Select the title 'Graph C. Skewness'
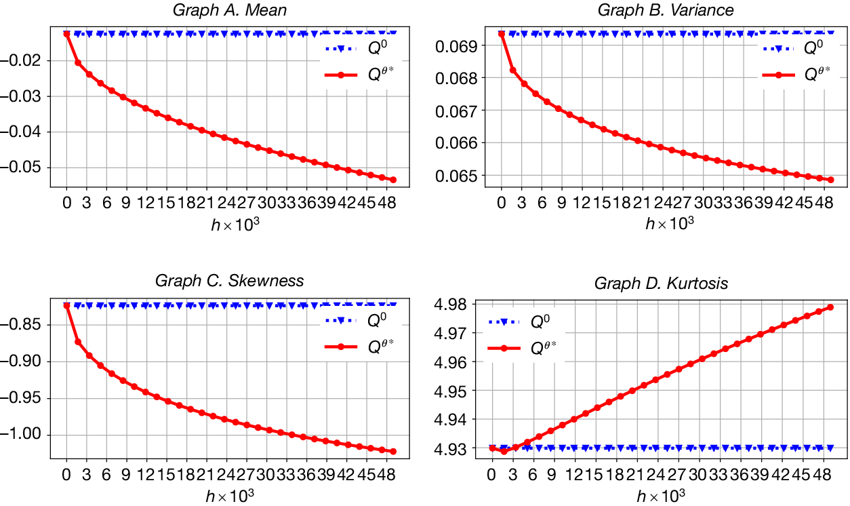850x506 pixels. (x=229, y=281)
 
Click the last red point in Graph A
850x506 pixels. (x=393, y=180)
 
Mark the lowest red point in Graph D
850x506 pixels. (x=503, y=451)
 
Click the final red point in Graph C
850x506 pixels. (x=393, y=451)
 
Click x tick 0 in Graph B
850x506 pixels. (x=502, y=202)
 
